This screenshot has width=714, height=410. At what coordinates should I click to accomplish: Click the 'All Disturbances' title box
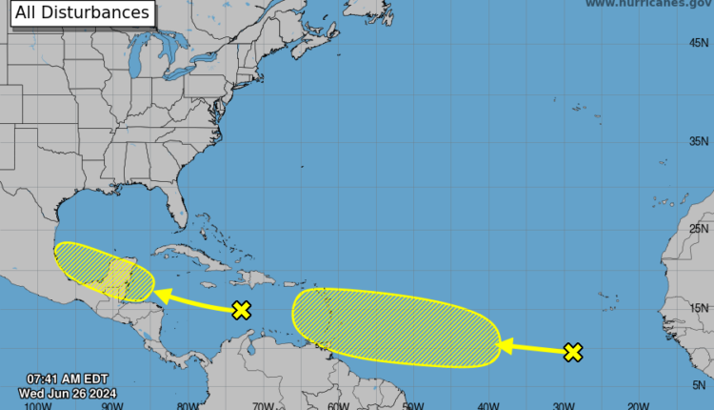[x=81, y=13]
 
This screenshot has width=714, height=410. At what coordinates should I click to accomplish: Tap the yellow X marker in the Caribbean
[x=242, y=309]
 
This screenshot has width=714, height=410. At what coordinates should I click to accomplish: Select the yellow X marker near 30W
[x=572, y=353]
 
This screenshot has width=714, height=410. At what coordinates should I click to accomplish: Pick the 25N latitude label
[x=701, y=229]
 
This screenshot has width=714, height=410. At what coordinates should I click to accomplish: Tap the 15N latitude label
[x=701, y=307]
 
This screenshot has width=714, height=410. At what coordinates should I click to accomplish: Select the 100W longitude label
[x=38, y=404]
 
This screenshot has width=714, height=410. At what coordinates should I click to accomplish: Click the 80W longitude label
[x=188, y=404]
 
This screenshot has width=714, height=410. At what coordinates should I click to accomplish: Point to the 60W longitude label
[x=337, y=404]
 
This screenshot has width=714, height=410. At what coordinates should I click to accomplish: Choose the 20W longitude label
[x=637, y=404]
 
